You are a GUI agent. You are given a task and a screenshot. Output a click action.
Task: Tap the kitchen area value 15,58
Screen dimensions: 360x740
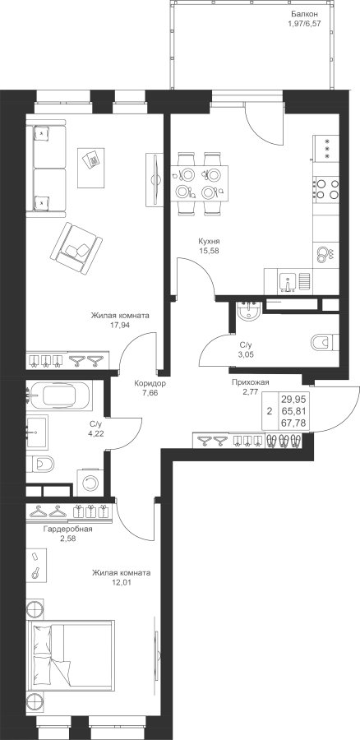(209, 251)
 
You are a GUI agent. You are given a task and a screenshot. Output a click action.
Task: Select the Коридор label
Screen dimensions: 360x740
(149, 383)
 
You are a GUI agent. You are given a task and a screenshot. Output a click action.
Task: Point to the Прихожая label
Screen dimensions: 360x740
(250, 382)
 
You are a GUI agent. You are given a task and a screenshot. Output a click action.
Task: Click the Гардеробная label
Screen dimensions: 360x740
(67, 529)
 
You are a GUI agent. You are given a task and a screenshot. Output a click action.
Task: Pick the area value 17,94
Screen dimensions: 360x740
(120, 325)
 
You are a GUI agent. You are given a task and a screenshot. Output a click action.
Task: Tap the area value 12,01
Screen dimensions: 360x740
(121, 582)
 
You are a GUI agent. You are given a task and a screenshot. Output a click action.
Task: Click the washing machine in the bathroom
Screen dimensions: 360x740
(90, 483)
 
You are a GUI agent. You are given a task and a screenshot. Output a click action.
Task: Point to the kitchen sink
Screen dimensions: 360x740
(288, 282)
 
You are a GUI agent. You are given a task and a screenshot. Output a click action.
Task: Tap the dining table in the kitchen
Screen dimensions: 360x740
(199, 183)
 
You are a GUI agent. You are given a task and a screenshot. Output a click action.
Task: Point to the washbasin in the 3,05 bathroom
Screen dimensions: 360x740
(247, 312)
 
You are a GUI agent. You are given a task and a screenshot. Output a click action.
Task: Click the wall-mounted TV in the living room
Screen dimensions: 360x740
(155, 179)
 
